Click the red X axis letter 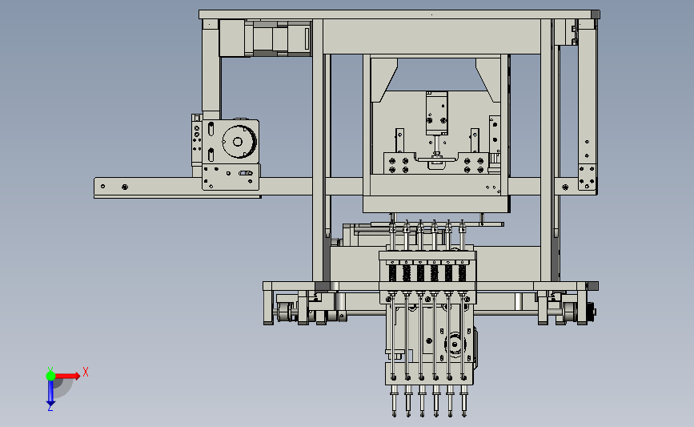point(86,372)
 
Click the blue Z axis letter point(50,408)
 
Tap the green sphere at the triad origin point(50,376)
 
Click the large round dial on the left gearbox point(238,141)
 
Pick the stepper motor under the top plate point(265,38)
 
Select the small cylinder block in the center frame point(436,113)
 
